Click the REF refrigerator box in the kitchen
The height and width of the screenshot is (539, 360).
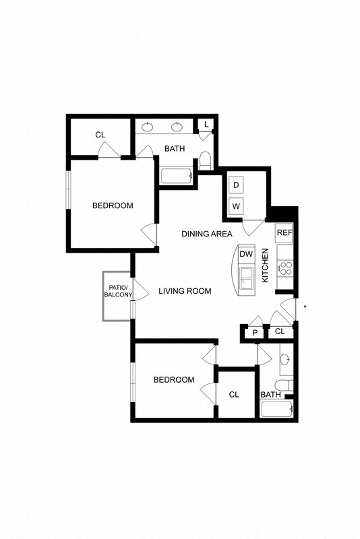pyautogui.click(x=284, y=233)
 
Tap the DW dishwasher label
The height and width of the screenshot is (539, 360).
pyautogui.click(x=246, y=254)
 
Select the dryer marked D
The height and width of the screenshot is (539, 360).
pyautogui.click(x=237, y=185)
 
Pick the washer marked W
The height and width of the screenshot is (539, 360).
pyautogui.click(x=237, y=205)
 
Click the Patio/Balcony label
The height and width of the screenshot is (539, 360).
pyautogui.click(x=117, y=291)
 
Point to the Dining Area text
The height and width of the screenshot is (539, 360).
pyautogui.click(x=207, y=234)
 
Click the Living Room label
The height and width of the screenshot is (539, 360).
pyautogui.click(x=185, y=291)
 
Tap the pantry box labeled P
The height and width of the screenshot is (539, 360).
pyautogui.click(x=256, y=331)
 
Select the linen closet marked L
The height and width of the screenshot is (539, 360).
pyautogui.click(x=206, y=125)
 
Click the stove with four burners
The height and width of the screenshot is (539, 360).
pyautogui.click(x=285, y=269)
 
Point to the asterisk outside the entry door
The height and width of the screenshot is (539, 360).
pyautogui.click(x=305, y=308)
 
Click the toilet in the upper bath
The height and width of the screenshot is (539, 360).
pyautogui.click(x=206, y=162)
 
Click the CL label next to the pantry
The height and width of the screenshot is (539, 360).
pyautogui.click(x=280, y=331)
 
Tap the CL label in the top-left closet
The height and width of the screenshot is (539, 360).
pyautogui.click(x=100, y=135)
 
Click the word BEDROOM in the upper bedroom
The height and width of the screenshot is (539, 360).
pyautogui.click(x=113, y=205)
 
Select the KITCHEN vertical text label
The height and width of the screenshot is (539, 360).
pyautogui.click(x=265, y=265)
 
